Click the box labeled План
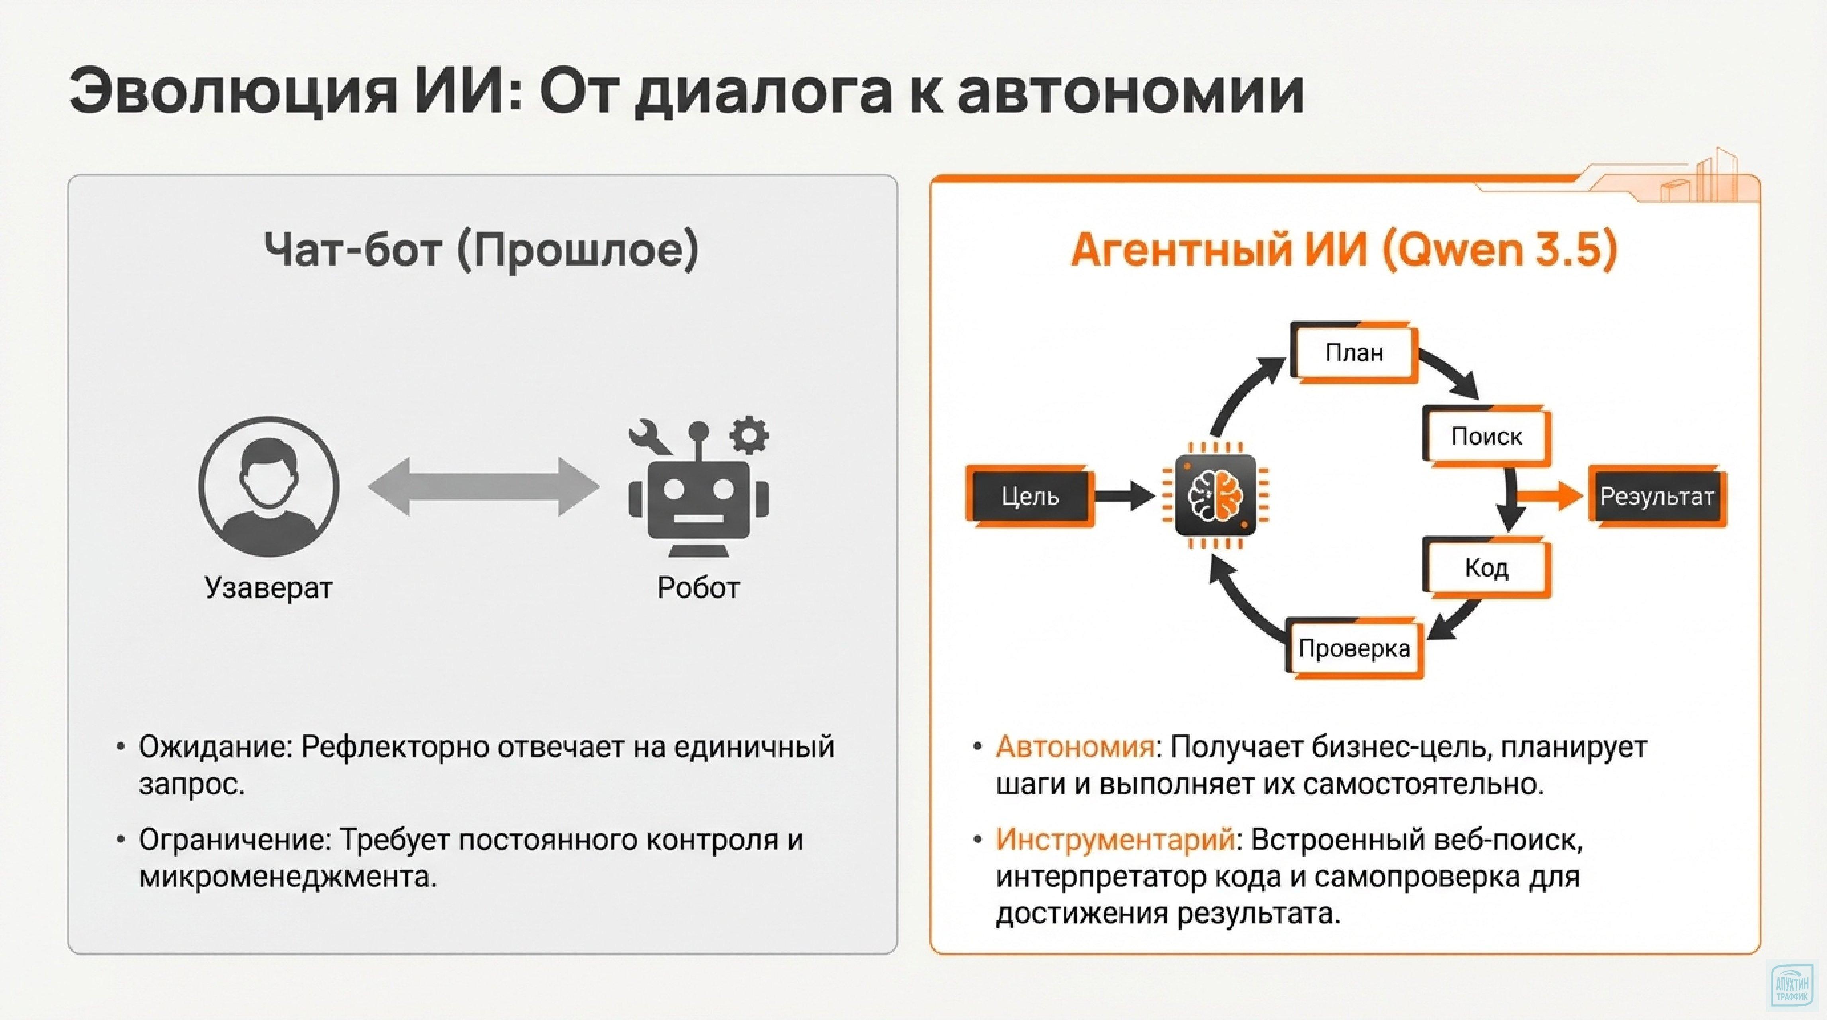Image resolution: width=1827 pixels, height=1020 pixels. click(1354, 353)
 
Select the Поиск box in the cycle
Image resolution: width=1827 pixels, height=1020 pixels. click(1486, 436)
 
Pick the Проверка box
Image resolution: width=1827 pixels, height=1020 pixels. click(1354, 648)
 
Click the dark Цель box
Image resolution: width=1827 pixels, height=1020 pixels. click(1030, 496)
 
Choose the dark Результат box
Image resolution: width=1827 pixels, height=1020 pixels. click(1656, 496)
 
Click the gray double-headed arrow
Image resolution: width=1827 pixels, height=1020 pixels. click(484, 486)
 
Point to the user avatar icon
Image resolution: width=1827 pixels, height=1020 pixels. click(269, 486)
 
